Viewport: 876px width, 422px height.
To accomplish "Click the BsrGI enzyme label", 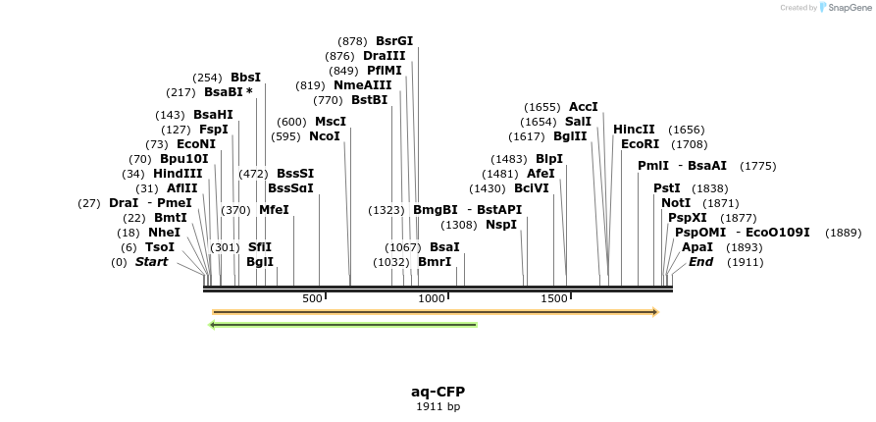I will coord(394,41).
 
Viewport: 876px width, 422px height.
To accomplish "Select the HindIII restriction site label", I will coord(178,174).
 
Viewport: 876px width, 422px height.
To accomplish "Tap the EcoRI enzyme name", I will coord(641,144).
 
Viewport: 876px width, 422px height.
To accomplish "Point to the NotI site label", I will coord(676,203).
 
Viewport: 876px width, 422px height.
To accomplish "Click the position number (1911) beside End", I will coord(745,262).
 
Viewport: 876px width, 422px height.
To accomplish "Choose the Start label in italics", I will coord(151,262).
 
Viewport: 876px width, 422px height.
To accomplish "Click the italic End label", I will coord(700,262).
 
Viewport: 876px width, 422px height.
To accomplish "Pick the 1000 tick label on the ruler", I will coord(433,298).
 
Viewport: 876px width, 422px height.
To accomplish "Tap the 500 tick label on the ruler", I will coord(312,298).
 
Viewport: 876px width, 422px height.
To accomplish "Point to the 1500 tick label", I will coord(554,298).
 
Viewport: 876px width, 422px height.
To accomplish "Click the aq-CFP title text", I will coord(438,392).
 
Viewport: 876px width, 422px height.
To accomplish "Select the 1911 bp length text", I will coord(438,406).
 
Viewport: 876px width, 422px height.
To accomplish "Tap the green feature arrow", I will coord(343,325).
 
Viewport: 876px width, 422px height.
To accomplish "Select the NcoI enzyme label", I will coord(325,136).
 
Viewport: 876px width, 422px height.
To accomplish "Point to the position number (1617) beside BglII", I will coord(527,136).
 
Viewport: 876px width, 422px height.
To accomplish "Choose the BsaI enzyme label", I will coord(444,247).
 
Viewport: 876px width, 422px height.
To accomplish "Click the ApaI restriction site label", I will coord(697,247).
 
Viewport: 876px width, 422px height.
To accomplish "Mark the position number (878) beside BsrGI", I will coord(352,41).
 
